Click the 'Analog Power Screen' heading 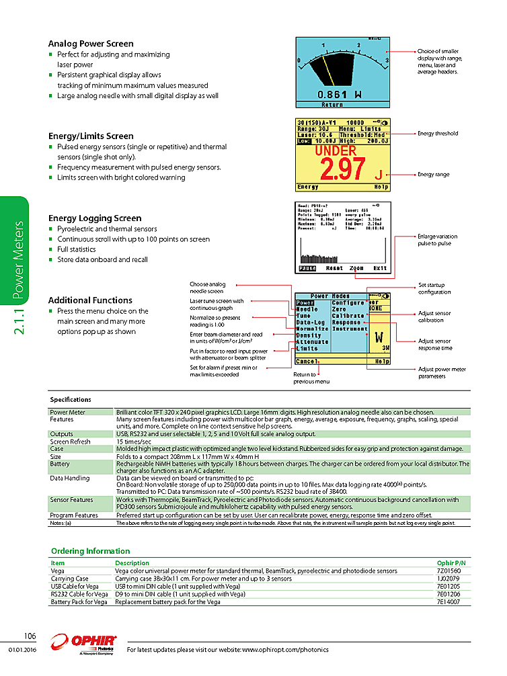[x=91, y=44]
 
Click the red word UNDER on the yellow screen [x=336, y=152]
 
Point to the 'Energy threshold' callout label [x=438, y=133]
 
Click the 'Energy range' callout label [x=434, y=175]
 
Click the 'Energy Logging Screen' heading [x=95, y=218]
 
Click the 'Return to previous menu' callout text [x=311, y=378]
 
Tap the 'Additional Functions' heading [x=90, y=300]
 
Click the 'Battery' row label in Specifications [x=60, y=464]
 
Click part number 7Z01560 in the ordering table [x=449, y=571]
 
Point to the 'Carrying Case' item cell [x=69, y=579]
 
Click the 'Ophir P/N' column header [x=451, y=562]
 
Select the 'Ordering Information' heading [x=90, y=551]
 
